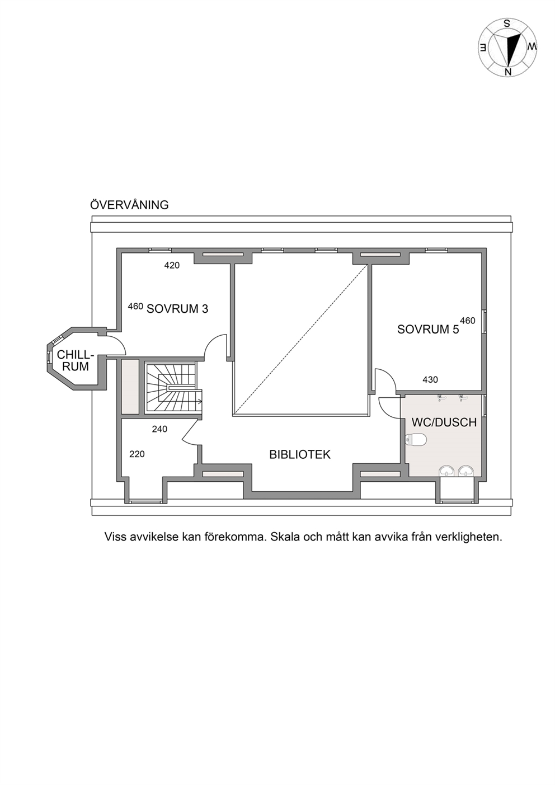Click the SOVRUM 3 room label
click(177, 309)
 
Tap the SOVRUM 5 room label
click(428, 330)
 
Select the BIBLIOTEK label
click(299, 454)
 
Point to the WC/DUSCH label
click(444, 422)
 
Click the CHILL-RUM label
click(76, 361)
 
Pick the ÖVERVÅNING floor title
click(129, 205)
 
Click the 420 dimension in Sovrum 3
click(172, 265)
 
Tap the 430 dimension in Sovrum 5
click(430, 379)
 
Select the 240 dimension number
click(159, 429)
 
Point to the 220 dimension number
click(137, 454)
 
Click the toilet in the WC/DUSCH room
click(415, 439)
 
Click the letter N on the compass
click(507, 72)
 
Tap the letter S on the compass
click(506, 24)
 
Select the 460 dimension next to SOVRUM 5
click(468, 321)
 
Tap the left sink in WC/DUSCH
click(446, 471)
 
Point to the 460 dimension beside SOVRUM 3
click(135, 306)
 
